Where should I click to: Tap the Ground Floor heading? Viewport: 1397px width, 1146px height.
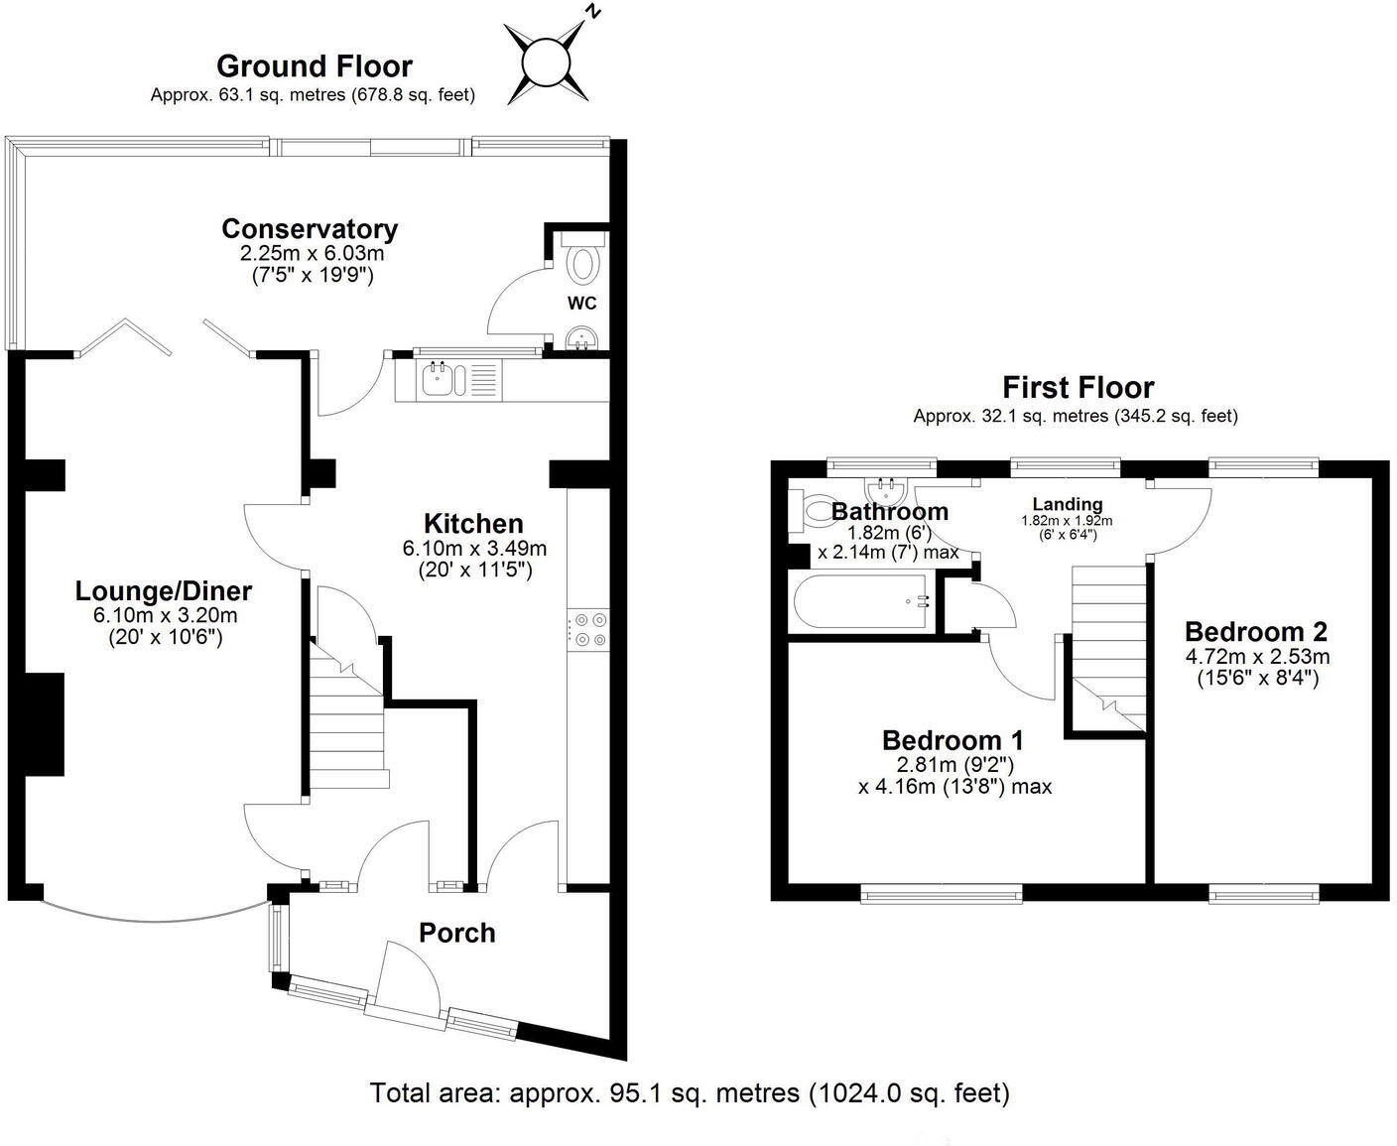coord(314,66)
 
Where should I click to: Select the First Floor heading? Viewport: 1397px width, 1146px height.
coord(1078,387)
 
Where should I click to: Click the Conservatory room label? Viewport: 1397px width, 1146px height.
coord(310,229)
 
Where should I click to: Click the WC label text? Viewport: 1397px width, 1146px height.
coord(582,304)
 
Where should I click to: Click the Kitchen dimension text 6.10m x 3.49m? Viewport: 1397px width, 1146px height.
coord(474,548)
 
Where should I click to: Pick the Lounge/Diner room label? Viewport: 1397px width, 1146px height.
coord(164,591)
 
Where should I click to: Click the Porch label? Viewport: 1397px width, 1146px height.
coord(456,933)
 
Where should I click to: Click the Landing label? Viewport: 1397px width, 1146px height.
coord(1067,504)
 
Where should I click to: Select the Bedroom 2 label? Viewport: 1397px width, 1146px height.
coord(1255,631)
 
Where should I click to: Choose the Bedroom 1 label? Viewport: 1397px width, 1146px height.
coord(952,740)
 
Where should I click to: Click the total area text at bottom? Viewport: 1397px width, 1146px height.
coord(690,1093)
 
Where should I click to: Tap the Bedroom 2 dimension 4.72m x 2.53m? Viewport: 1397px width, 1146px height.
coord(1256,657)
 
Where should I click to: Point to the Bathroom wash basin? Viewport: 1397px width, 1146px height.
coord(885,490)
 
